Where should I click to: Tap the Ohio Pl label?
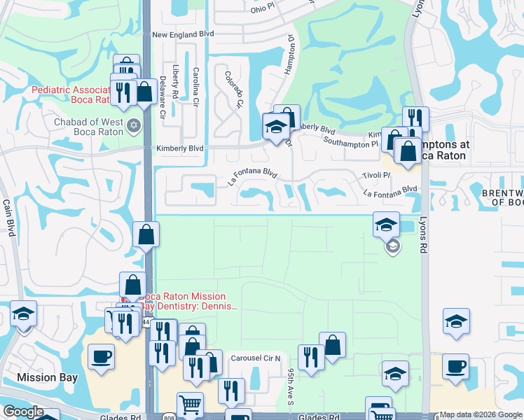[246, 9]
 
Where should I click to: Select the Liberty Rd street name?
[176, 81]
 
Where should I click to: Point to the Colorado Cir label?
[233, 89]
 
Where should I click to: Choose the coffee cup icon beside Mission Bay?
[100, 356]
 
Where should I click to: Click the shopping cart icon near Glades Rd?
[190, 403]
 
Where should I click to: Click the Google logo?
[23, 412]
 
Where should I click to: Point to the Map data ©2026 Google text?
[481, 414]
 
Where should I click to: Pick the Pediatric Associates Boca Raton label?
[70, 94]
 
